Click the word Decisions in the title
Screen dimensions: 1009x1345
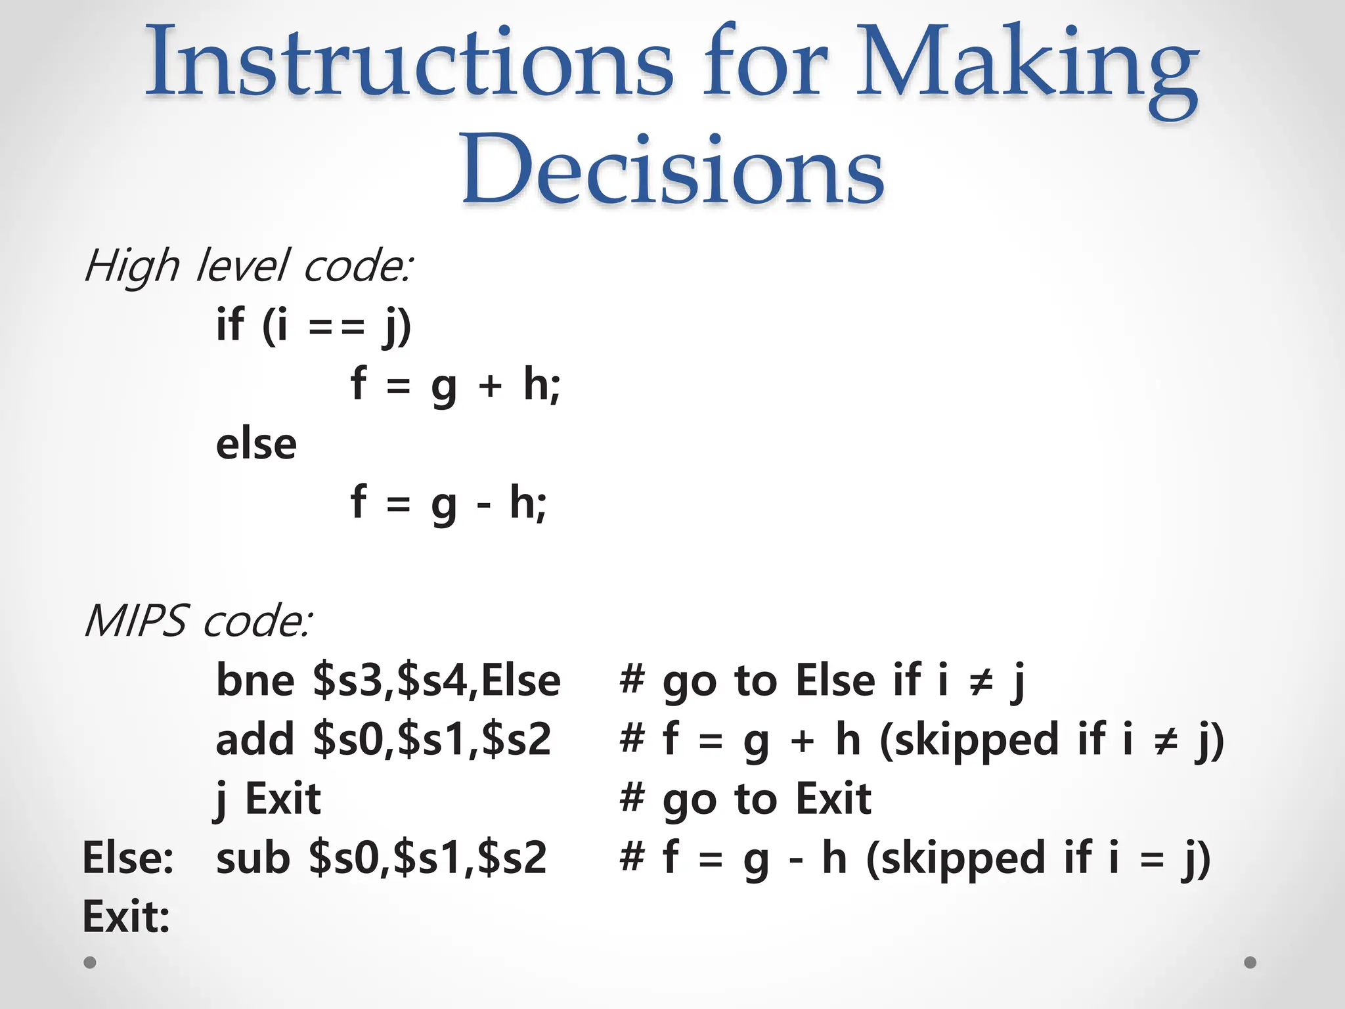coord(672,169)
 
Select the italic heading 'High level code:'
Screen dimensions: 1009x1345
coord(248,267)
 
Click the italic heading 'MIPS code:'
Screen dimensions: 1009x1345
coord(198,621)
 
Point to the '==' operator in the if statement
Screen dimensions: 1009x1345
coord(336,326)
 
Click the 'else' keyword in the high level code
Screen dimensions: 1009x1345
coord(256,444)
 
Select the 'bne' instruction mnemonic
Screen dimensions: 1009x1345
coord(255,681)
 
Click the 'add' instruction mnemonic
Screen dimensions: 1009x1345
coord(255,740)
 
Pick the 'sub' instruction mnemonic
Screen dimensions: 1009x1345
coord(253,858)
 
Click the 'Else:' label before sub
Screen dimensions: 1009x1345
coord(128,858)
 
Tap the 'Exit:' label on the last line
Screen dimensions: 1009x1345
coord(126,917)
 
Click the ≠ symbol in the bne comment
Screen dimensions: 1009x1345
coord(982,682)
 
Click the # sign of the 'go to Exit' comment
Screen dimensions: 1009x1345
coord(632,798)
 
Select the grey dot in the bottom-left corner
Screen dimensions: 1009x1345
coord(90,962)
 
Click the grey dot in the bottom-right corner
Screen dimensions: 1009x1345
coord(1250,962)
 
